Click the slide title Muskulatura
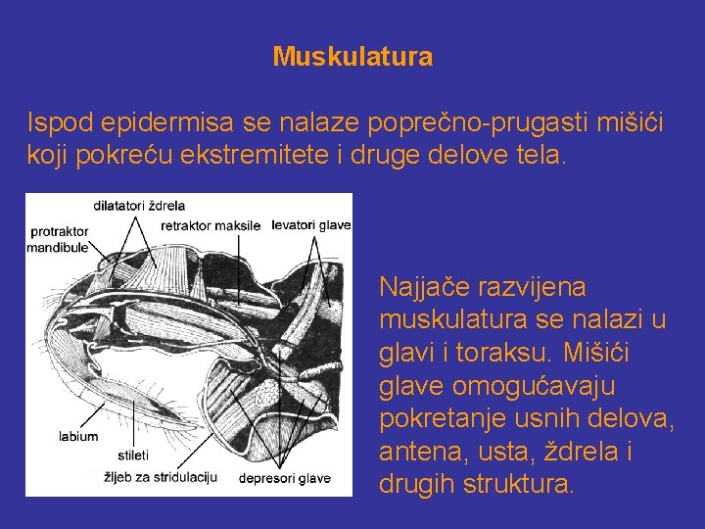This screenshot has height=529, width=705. click(x=352, y=57)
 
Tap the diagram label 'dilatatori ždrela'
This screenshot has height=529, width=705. click(x=139, y=206)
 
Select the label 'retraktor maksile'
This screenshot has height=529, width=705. click(x=211, y=225)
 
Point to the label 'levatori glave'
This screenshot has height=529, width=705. click(x=310, y=224)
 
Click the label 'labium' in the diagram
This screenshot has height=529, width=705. click(x=78, y=436)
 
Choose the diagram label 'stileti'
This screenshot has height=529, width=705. click(x=132, y=456)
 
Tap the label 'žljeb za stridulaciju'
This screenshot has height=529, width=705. click(x=161, y=476)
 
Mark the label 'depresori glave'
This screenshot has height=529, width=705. click(x=285, y=479)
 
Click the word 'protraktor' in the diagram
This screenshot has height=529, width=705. click(x=59, y=232)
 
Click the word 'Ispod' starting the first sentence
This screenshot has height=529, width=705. click(x=57, y=122)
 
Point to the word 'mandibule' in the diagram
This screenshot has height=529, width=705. click(x=58, y=248)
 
